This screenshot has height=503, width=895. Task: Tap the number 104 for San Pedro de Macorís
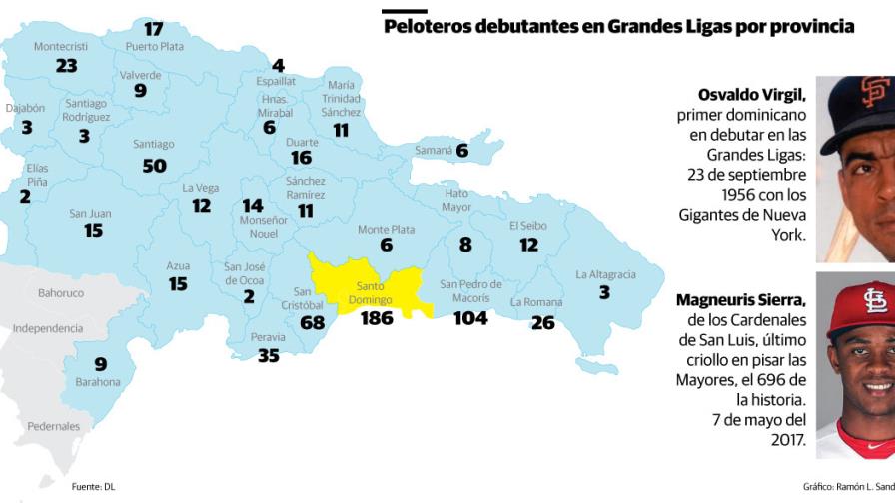point(470,318)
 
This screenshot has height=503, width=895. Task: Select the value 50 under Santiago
point(154,166)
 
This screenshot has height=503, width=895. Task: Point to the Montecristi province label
point(61,46)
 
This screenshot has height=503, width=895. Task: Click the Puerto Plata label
point(155,46)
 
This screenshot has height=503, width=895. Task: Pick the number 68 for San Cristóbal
point(312,323)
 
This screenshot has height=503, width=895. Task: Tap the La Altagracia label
point(605,274)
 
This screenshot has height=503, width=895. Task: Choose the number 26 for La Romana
point(542,322)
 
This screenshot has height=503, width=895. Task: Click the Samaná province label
point(433,151)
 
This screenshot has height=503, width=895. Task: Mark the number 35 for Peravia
point(268,355)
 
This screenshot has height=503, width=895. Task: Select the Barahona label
point(98,382)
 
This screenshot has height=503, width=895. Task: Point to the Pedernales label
point(54,426)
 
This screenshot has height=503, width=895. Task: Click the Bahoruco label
point(61,293)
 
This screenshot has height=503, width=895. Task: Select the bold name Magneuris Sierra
point(740,299)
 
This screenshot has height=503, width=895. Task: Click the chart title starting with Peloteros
point(618,26)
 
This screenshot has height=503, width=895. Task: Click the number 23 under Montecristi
point(66,66)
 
